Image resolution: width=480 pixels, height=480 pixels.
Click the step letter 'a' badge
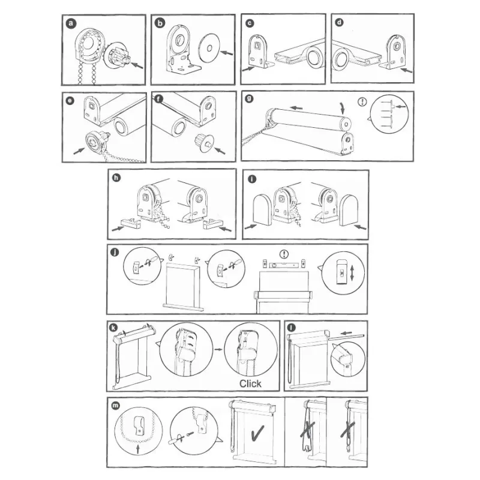(71, 23)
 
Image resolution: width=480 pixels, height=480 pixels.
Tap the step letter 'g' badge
(249, 98)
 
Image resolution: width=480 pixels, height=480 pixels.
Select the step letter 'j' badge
(115, 252)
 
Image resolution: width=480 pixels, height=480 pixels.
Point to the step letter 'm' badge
(115, 406)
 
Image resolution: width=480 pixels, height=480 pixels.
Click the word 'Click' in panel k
(250, 383)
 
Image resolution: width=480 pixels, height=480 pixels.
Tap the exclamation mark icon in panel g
(362, 101)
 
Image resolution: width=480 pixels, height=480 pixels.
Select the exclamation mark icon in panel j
(284, 254)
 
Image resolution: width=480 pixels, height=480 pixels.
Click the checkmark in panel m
(257, 433)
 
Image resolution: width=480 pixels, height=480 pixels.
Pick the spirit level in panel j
(284, 265)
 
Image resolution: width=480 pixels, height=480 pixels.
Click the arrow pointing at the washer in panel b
(227, 53)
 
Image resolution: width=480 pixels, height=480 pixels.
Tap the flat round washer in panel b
(209, 48)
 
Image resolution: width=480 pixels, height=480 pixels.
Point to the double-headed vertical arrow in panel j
(352, 273)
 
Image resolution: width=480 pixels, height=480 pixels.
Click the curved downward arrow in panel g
(342, 108)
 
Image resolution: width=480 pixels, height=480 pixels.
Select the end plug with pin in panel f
(203, 143)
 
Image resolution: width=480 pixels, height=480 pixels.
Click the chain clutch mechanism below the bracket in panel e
(96, 142)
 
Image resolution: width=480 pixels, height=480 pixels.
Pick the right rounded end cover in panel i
(349, 211)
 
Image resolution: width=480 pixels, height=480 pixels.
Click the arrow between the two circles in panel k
(218, 349)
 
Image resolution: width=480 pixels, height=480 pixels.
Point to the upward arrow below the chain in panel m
(137, 449)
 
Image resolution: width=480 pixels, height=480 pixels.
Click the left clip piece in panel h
(131, 223)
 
